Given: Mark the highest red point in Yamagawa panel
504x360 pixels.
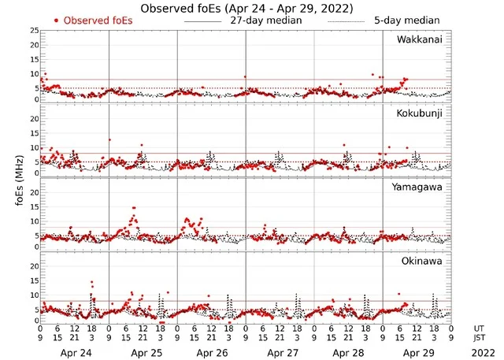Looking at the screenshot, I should (134, 208).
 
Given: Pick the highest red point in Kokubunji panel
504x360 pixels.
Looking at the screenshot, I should (109, 140).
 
